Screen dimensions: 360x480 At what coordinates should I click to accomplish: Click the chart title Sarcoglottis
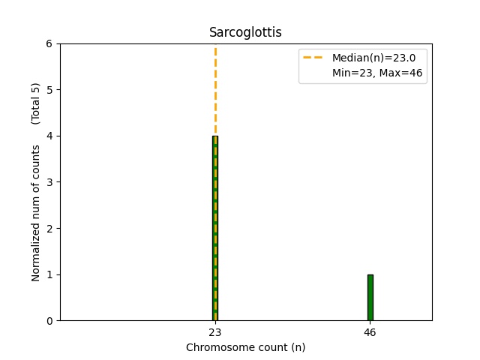pyautogui.click(x=245, y=32)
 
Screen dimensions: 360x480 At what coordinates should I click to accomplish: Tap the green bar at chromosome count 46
pyautogui.click(x=370, y=297)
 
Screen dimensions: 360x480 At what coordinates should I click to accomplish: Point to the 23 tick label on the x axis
pyautogui.click(x=215, y=331)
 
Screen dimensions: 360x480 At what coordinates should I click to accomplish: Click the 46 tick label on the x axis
pyautogui.click(x=370, y=331)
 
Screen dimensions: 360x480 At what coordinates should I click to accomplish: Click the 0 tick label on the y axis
pyautogui.click(x=50, y=321)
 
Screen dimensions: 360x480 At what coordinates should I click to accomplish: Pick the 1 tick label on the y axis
pyautogui.click(x=50, y=274)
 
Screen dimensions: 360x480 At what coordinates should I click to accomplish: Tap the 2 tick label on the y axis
pyautogui.click(x=50, y=228)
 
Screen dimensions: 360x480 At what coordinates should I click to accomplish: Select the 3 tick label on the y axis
pyautogui.click(x=50, y=182)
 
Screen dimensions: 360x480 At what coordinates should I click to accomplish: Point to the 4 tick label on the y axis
pyautogui.click(x=50, y=136)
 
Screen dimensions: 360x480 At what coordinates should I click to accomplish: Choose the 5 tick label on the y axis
pyautogui.click(x=50, y=90)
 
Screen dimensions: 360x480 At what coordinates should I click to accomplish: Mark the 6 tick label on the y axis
pyautogui.click(x=50, y=43)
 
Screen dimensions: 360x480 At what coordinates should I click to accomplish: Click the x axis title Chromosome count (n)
pyautogui.click(x=245, y=347)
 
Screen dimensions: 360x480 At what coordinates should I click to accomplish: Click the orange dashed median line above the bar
pyautogui.click(x=215, y=90)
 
